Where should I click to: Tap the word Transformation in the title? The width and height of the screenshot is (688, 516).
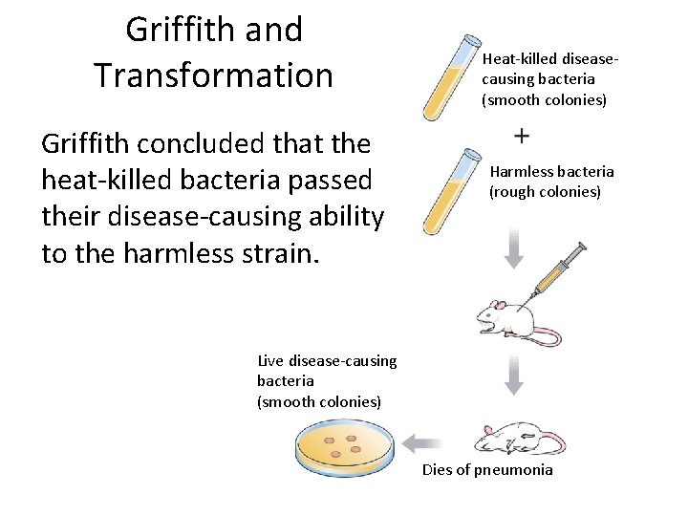[x=214, y=74]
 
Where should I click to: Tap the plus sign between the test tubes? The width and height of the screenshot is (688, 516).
[x=523, y=137]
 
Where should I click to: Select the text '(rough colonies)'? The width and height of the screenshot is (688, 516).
[x=545, y=192]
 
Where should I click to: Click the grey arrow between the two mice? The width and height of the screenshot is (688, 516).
[x=514, y=376]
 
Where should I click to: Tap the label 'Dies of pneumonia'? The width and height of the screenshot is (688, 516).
[x=487, y=470]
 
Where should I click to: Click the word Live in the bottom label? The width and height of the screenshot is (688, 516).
[x=271, y=360]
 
